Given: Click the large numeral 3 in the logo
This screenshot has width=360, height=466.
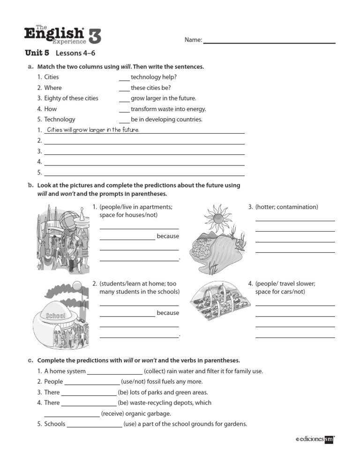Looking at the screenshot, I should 94,36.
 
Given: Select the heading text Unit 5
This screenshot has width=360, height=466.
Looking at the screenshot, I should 37,53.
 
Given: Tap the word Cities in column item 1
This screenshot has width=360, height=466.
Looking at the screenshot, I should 52,77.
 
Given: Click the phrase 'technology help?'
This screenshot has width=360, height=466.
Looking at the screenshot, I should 154,77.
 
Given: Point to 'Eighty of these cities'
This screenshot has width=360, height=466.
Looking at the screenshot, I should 71,98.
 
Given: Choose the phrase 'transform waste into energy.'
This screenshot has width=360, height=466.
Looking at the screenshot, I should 168,109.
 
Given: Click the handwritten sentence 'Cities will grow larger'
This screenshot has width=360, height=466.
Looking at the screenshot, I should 93,130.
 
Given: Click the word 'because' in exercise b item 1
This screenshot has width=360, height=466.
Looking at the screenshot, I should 168,236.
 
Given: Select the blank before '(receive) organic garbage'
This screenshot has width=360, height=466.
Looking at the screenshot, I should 72,414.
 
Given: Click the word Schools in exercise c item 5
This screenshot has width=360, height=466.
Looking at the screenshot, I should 55,424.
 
